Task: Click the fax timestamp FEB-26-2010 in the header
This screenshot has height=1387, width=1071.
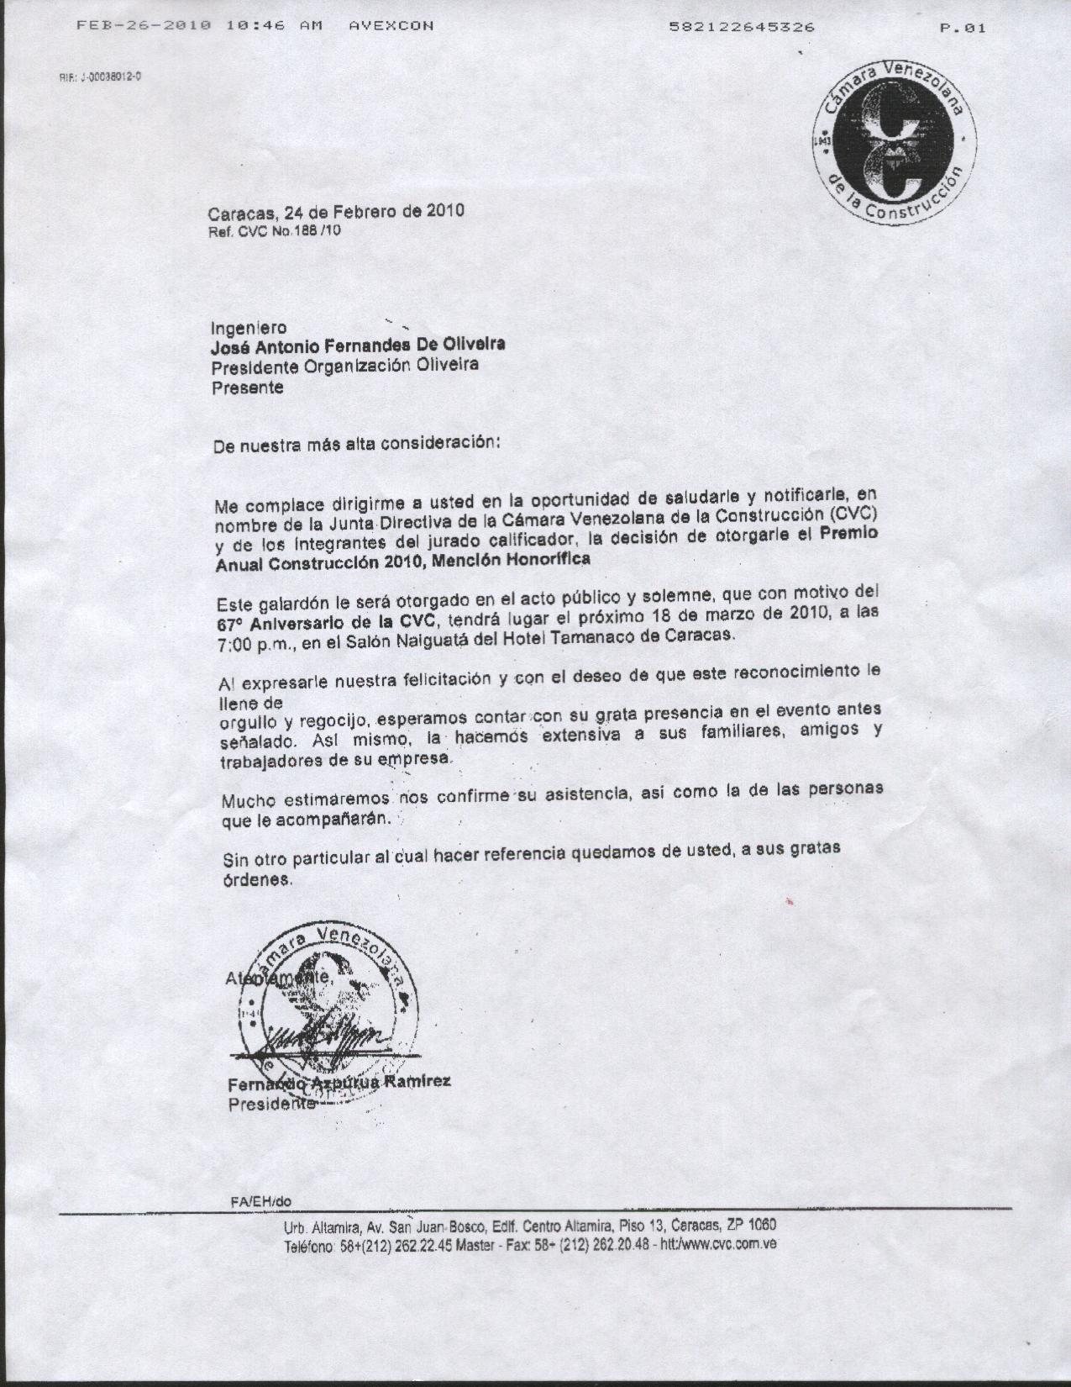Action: click(144, 26)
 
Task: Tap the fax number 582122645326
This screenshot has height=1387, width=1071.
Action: click(742, 27)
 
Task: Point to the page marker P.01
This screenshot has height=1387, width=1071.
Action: click(963, 28)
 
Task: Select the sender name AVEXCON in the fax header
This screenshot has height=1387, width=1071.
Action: click(391, 26)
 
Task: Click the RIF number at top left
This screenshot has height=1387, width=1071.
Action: click(100, 76)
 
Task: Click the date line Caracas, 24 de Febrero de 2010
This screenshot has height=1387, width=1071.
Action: click(336, 212)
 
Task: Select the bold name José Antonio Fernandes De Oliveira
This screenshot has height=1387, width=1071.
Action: click(358, 345)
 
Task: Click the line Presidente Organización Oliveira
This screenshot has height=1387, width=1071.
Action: click(344, 366)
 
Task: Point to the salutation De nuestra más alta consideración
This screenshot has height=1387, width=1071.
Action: click(357, 445)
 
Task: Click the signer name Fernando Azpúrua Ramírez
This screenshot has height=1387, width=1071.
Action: click(339, 1083)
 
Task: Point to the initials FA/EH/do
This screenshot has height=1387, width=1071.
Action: click(260, 1202)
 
